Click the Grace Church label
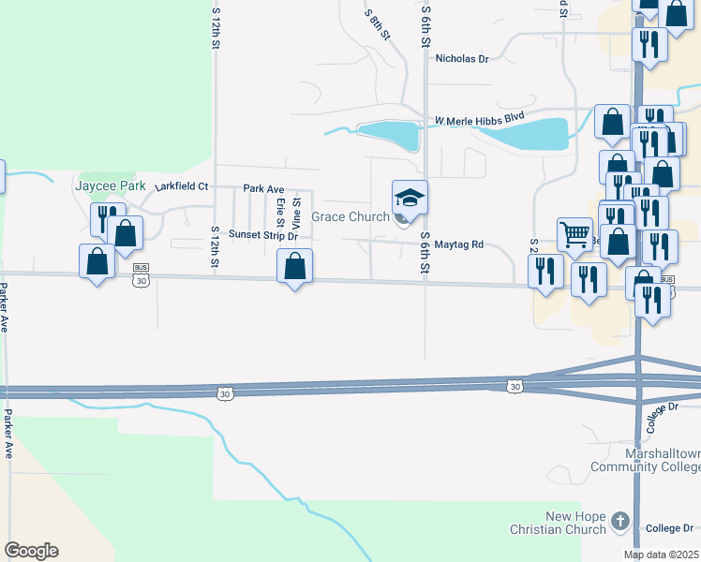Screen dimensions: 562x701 pos(350,216)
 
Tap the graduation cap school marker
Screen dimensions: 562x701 pos(410,199)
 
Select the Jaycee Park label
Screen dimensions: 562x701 pos(111,185)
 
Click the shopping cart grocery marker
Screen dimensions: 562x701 pos(574,232)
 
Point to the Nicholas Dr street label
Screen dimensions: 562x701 pos(462,58)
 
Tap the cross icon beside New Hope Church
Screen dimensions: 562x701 pos(619,521)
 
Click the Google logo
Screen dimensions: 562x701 pos(31,551)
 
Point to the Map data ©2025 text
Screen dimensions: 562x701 pos(661,555)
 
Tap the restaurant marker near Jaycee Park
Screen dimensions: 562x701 pos(108,218)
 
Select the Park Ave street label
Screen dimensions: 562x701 pos(263,188)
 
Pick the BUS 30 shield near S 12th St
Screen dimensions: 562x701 pos(142,279)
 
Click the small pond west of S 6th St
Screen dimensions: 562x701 pos(388,135)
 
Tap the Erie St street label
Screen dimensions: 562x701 pos(279,213)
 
